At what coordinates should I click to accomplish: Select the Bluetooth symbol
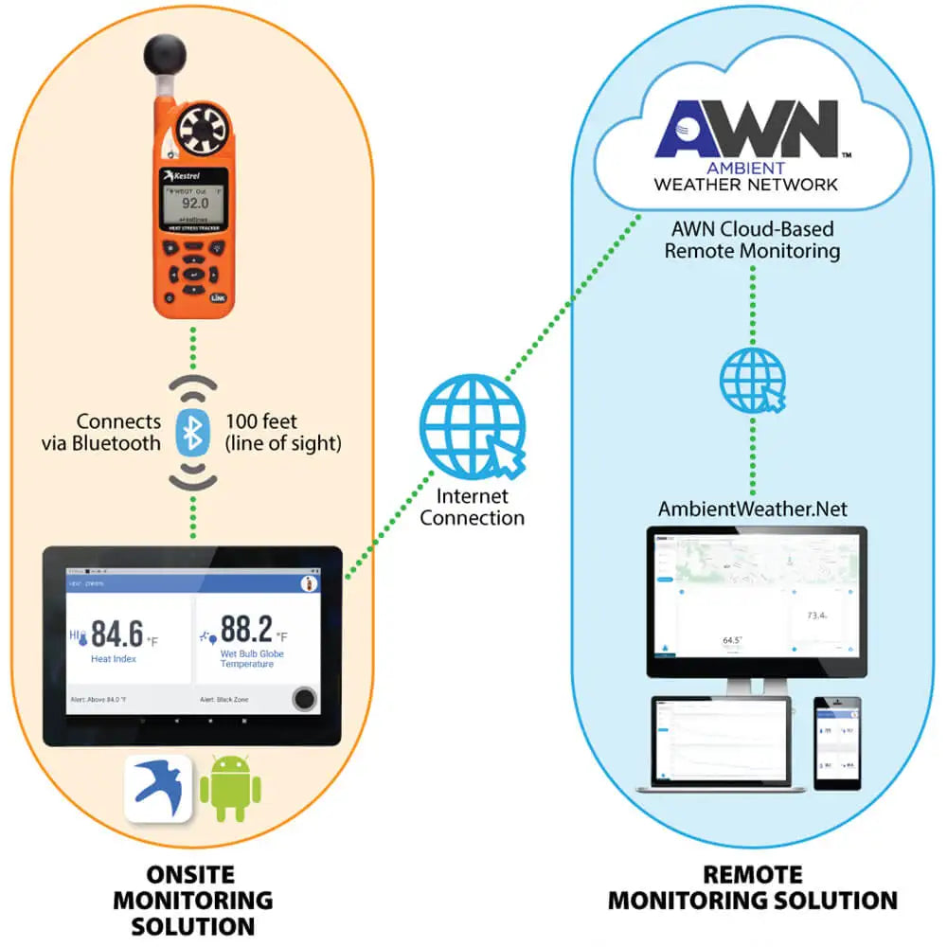pyautogui.click(x=193, y=434)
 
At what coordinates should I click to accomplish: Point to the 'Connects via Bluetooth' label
pyautogui.click(x=118, y=433)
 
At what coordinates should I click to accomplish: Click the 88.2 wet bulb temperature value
pyautogui.click(x=245, y=630)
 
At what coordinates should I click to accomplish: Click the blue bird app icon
pyautogui.click(x=158, y=787)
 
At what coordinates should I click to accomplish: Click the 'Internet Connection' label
pyautogui.click(x=473, y=508)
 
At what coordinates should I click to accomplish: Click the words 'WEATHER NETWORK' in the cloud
pyautogui.click(x=746, y=184)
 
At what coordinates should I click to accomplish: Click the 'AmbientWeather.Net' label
pyautogui.click(x=753, y=509)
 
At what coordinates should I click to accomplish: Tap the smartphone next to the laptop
pyautogui.click(x=837, y=743)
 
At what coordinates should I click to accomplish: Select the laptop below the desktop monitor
pyautogui.click(x=711, y=744)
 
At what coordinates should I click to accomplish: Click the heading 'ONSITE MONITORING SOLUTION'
pyautogui.click(x=193, y=899)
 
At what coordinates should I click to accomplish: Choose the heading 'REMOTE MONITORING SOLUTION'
pyautogui.click(x=753, y=887)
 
